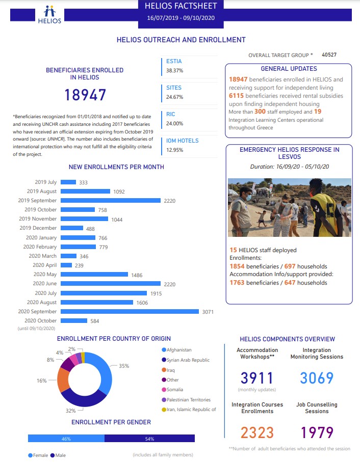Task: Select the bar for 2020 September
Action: click(130, 311)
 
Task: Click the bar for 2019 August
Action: click(85, 192)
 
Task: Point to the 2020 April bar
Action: click(66, 265)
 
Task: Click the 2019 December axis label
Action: click(39, 228)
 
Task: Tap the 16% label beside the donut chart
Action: click(41, 381)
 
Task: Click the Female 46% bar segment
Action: click(66, 439)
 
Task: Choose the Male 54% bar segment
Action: click(149, 439)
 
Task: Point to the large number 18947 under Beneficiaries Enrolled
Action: click(85, 95)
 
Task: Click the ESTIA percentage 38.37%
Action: click(175, 70)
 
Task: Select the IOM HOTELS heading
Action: click(183, 141)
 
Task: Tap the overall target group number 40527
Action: click(329, 55)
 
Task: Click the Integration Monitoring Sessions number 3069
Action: click(317, 378)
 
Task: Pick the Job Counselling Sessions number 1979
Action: click(317, 432)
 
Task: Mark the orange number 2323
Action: click(258, 432)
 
